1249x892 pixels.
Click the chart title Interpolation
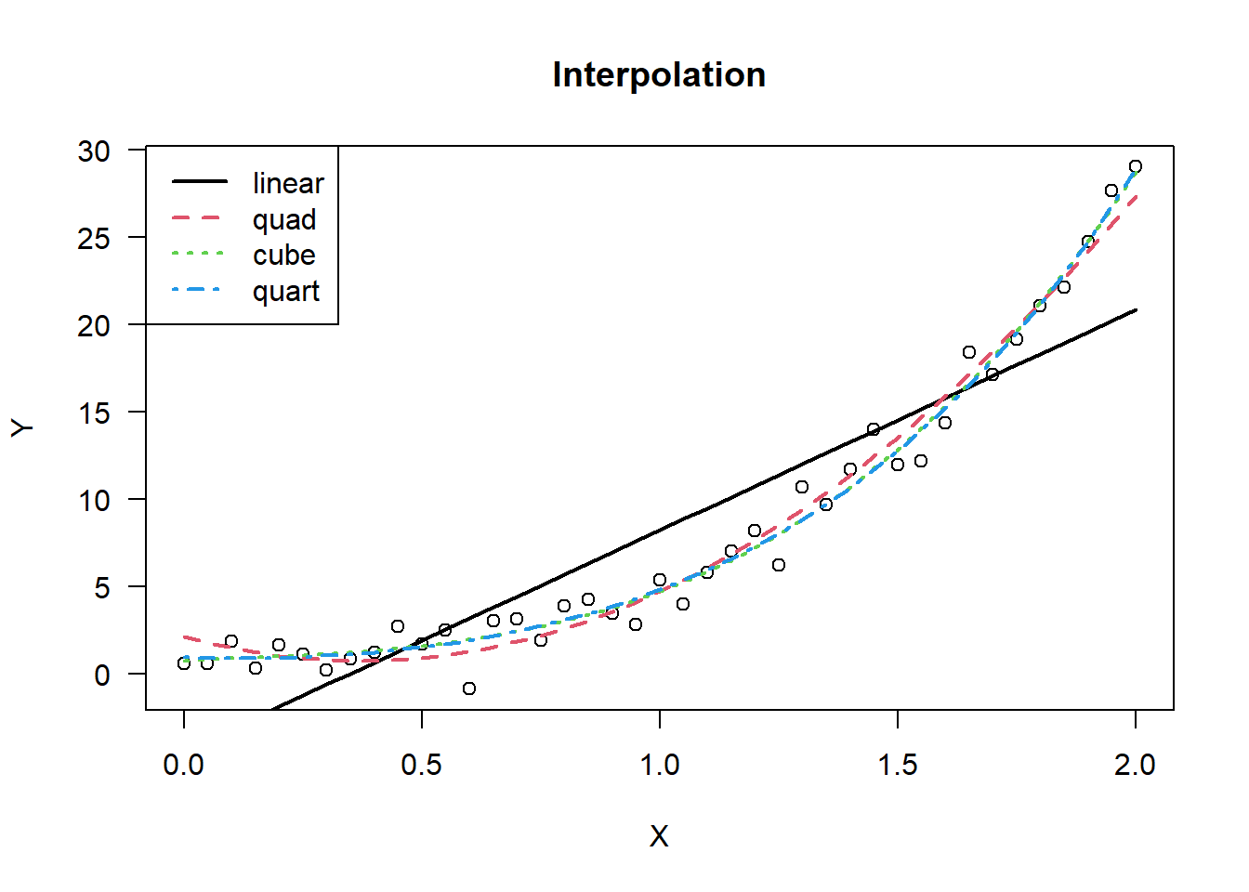[x=658, y=75]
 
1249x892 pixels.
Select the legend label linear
[x=288, y=183]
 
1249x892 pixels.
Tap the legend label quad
[x=284, y=219]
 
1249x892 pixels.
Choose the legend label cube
[x=283, y=255]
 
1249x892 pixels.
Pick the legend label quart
[x=285, y=291]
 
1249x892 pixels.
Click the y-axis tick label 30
[x=94, y=151]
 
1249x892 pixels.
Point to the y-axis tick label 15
[x=94, y=413]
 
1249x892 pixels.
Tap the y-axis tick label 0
[x=102, y=675]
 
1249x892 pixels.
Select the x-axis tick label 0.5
[x=421, y=765]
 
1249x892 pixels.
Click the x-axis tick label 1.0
[x=659, y=765]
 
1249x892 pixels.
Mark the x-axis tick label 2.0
[x=1135, y=765]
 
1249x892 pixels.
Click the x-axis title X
[x=658, y=836]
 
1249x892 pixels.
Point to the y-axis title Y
[x=22, y=427]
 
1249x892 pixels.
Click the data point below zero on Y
[x=469, y=689]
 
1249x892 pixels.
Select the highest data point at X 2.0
[x=1135, y=166]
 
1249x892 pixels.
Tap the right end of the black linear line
[x=1136, y=309]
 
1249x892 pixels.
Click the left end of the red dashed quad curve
[x=185, y=637]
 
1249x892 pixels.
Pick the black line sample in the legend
[x=199, y=182]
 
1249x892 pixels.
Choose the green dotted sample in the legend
[x=199, y=254]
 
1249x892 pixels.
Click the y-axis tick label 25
[x=94, y=238]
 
